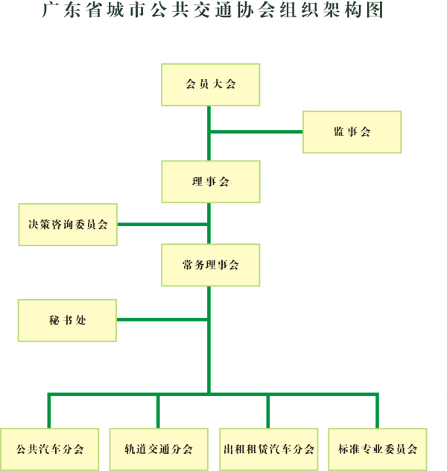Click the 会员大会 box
coord(211,85)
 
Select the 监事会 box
coord(352,132)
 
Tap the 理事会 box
coord(211,182)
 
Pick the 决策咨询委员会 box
coord(68,225)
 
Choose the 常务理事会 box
coord(211,265)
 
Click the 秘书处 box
coord(67,321)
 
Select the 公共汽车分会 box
coord(50,449)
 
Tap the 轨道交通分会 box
coord(159,449)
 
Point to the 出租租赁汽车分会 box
coord(269,449)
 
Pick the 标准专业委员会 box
coord(378,449)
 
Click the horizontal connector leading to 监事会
coord(256,132)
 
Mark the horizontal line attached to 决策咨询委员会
coord(162,225)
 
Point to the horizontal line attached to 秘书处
coord(162,320)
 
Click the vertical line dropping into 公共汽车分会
coord(49,411)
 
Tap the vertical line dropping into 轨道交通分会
coord(158,411)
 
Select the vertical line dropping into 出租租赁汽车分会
coord(268,411)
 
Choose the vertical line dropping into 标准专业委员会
coord(377,411)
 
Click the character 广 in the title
coord(50,10)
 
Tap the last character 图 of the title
coord(375,10)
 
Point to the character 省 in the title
coord(93,10)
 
